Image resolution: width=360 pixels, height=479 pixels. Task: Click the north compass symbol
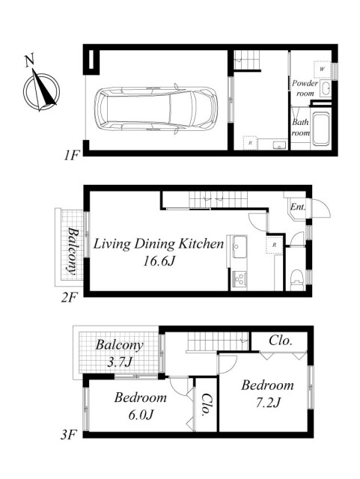click(41, 88)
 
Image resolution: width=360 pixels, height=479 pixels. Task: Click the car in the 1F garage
click(156, 109)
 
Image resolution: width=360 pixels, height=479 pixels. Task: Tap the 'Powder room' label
click(305, 88)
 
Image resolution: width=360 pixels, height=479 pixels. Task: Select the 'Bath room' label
click(300, 127)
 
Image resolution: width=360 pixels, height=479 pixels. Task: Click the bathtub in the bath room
click(321, 129)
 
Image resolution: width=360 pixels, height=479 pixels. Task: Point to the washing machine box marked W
click(322, 69)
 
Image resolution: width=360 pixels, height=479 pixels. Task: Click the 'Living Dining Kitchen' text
click(159, 244)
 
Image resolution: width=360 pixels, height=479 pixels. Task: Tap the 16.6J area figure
click(159, 261)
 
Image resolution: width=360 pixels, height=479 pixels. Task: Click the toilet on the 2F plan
click(296, 279)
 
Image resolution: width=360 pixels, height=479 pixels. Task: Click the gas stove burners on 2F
click(239, 279)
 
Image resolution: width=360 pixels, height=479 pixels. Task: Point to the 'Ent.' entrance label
click(298, 207)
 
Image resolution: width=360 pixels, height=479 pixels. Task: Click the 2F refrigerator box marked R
click(275, 245)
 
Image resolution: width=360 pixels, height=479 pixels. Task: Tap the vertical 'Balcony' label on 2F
click(73, 251)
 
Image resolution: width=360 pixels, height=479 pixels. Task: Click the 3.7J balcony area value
click(119, 362)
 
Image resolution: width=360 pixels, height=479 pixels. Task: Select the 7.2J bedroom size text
click(267, 403)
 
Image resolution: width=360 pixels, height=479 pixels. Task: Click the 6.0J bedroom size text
click(141, 415)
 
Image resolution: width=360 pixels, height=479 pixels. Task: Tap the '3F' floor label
click(68, 435)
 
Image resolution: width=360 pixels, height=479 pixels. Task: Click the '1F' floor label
click(71, 156)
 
